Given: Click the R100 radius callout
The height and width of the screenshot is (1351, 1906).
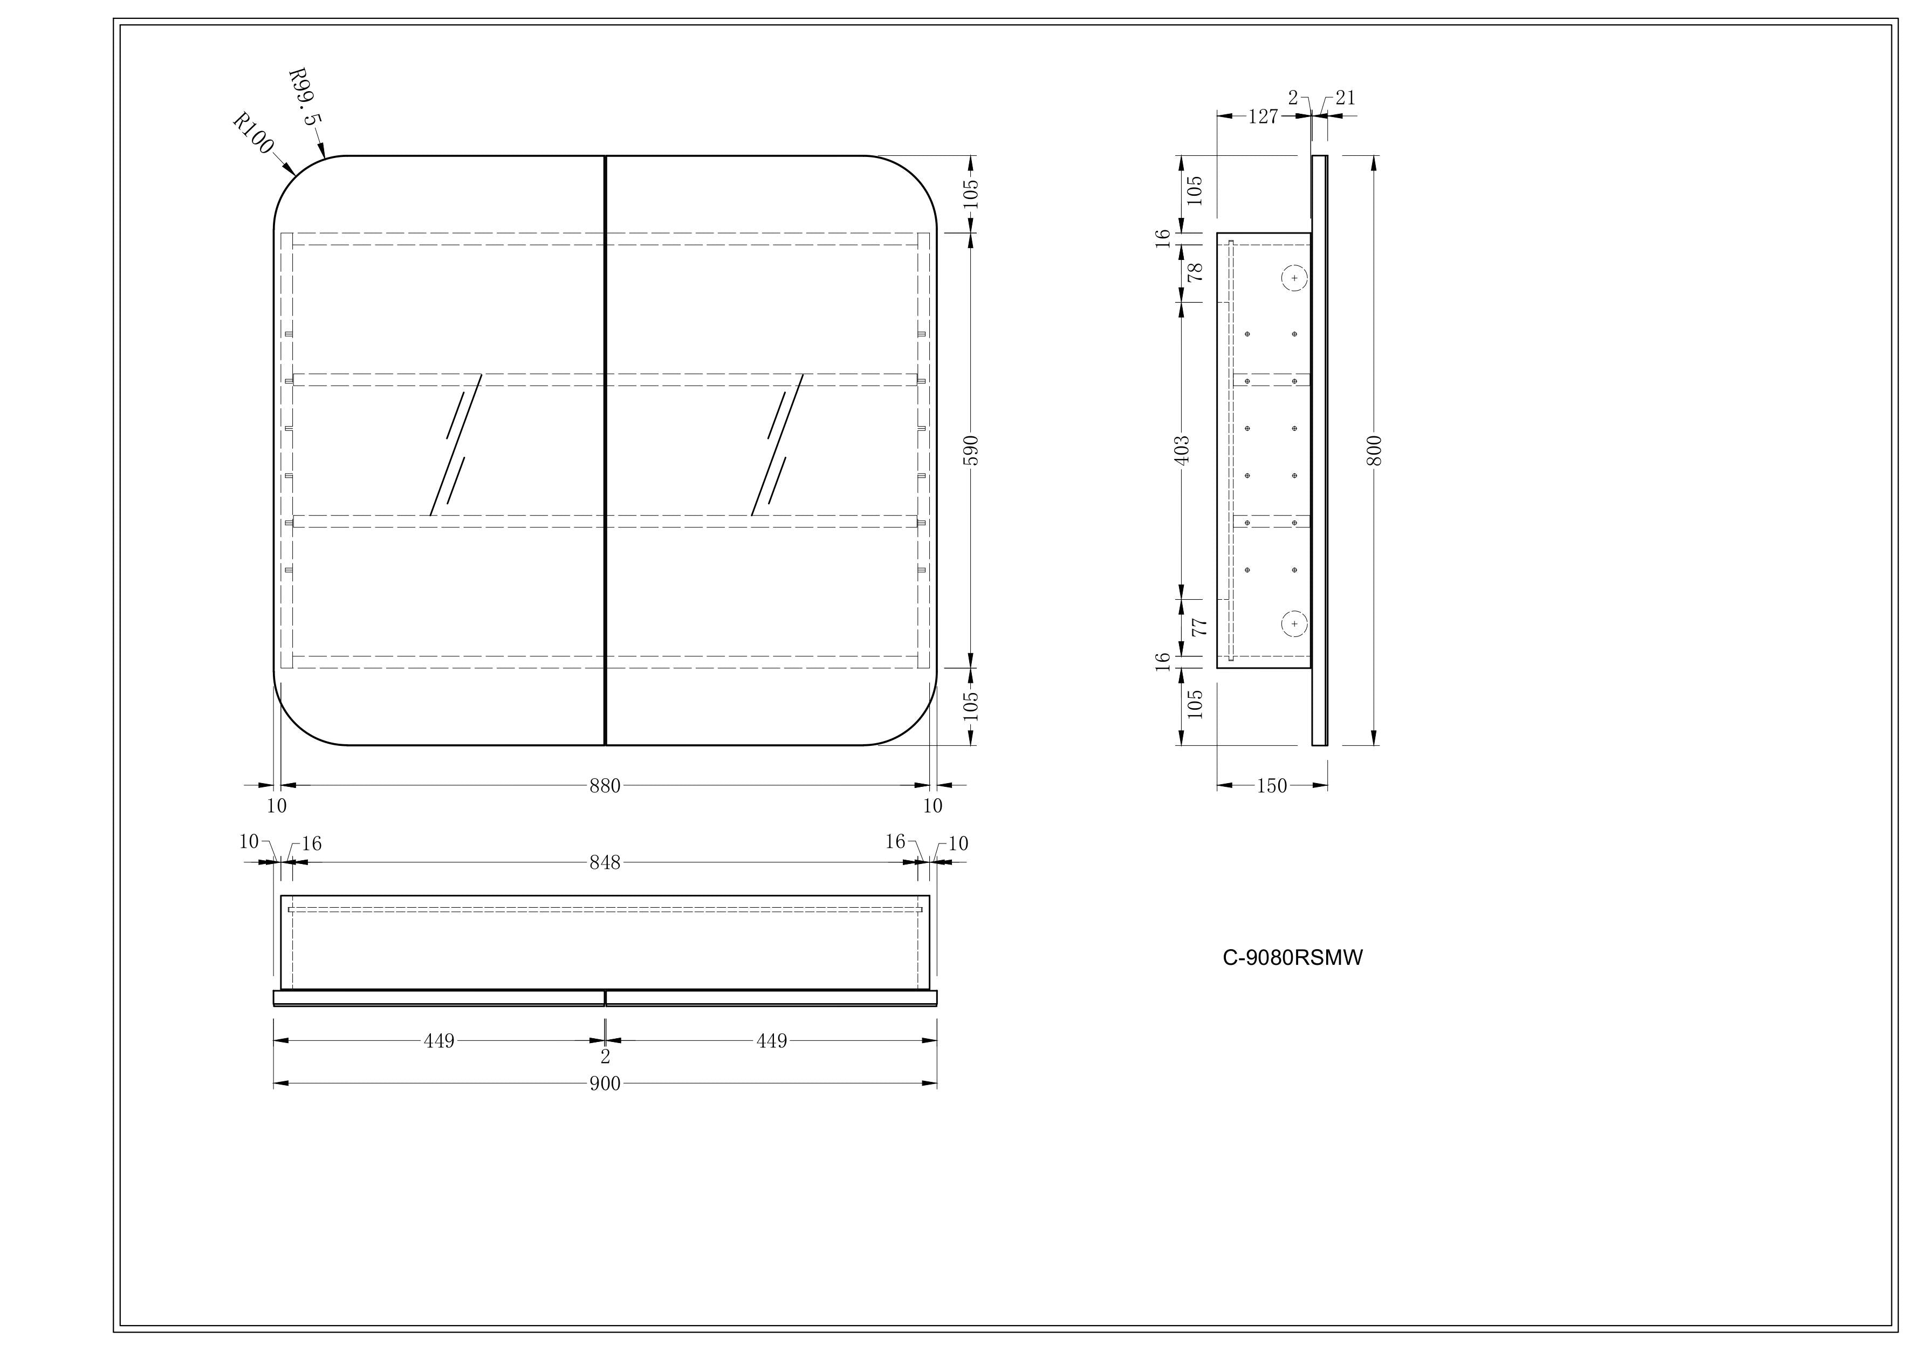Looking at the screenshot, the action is pos(253,134).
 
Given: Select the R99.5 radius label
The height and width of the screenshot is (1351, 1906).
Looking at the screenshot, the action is pos(304,97).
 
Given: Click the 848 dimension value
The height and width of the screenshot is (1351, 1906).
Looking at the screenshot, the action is pos(605,863).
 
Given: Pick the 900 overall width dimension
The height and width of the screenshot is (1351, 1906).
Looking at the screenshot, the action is pos(605,1084).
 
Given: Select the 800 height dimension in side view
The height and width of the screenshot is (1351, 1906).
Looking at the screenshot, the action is pos(1374,450).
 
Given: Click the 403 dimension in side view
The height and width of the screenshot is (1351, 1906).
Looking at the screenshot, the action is pos(1182,450).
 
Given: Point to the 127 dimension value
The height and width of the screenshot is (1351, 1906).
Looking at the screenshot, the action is pos(1263,116).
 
